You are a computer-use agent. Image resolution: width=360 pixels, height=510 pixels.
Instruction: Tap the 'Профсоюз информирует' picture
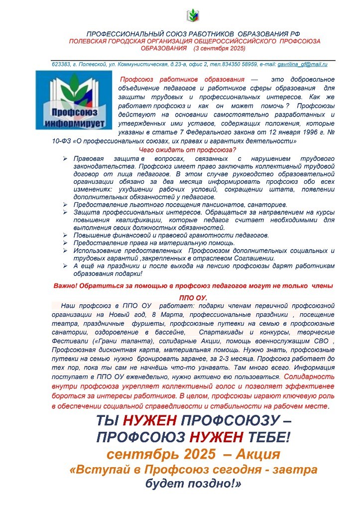(74, 99)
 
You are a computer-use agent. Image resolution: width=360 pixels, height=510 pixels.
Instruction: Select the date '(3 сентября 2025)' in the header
(222, 48)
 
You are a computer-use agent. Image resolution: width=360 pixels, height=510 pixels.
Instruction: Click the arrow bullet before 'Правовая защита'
(65, 158)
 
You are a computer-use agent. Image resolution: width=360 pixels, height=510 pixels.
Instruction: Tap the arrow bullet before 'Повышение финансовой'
(65, 235)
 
